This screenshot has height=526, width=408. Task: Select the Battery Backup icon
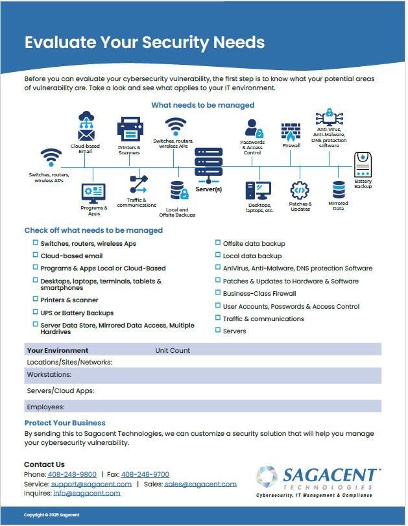tap(363, 165)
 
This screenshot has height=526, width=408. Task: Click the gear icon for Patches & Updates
tap(300, 190)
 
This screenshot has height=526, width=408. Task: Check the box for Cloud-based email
tap(36, 256)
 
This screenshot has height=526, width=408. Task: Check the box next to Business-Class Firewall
tap(217, 293)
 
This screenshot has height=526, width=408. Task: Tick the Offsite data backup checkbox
tap(217, 243)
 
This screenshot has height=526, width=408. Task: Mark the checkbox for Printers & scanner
tap(36, 300)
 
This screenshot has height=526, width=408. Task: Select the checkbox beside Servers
tap(217, 331)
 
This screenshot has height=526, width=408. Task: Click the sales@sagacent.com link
tap(200, 484)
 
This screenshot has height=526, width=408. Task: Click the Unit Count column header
tap(173, 350)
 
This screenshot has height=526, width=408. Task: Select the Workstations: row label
tap(49, 375)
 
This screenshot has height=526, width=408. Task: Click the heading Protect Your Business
tap(65, 423)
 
